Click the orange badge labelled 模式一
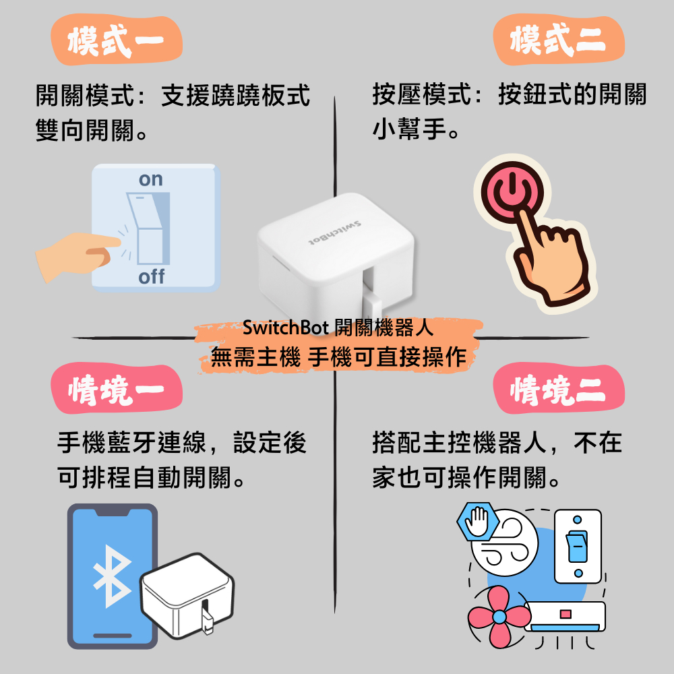click(117, 40)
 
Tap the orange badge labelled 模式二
click(558, 40)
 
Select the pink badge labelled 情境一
click(117, 389)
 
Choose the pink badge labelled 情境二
click(558, 389)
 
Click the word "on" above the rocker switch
click(151, 180)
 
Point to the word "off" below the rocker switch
click(151, 276)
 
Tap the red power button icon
click(512, 192)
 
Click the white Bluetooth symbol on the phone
click(112, 576)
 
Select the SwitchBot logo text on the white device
click(335, 234)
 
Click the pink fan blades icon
click(499, 617)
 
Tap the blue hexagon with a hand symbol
click(478, 522)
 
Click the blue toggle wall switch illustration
click(578, 546)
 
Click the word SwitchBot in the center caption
click(285, 328)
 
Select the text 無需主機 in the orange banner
click(255, 357)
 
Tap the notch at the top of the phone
click(112, 512)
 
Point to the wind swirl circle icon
click(505, 543)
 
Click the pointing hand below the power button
click(551, 258)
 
